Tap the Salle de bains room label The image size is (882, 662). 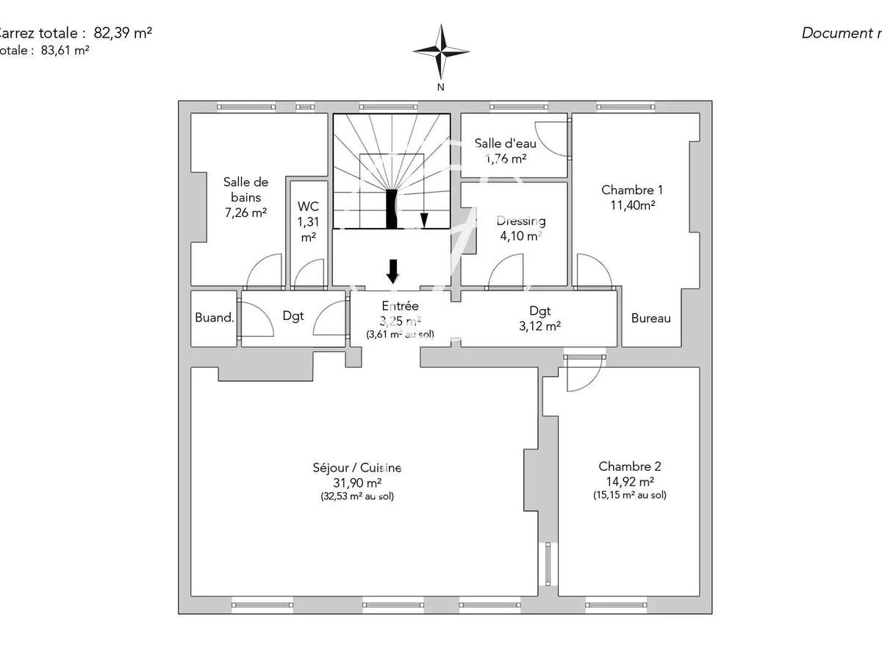[x=245, y=196]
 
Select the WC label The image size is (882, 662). [x=307, y=221]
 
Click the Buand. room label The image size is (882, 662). [x=215, y=318]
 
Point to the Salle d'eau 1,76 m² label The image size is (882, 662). [x=500, y=150]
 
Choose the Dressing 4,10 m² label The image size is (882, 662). [x=520, y=228]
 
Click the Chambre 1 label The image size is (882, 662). [x=632, y=196]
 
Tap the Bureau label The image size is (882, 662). [x=650, y=318]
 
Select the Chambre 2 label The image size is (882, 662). [x=630, y=480]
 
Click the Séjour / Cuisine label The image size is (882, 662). [x=357, y=481]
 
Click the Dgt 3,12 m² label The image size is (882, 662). [x=539, y=318]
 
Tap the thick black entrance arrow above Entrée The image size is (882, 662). [x=392, y=271]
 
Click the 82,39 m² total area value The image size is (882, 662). [x=123, y=32]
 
